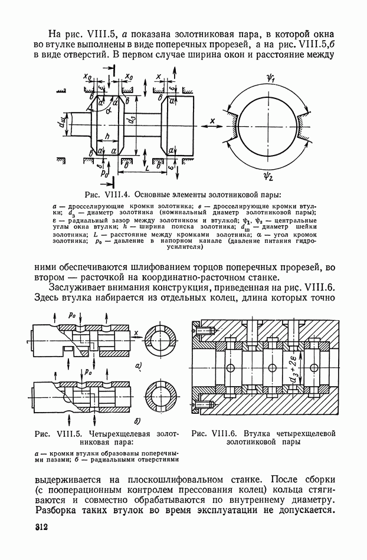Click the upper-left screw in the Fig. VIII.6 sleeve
[204, 333]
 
